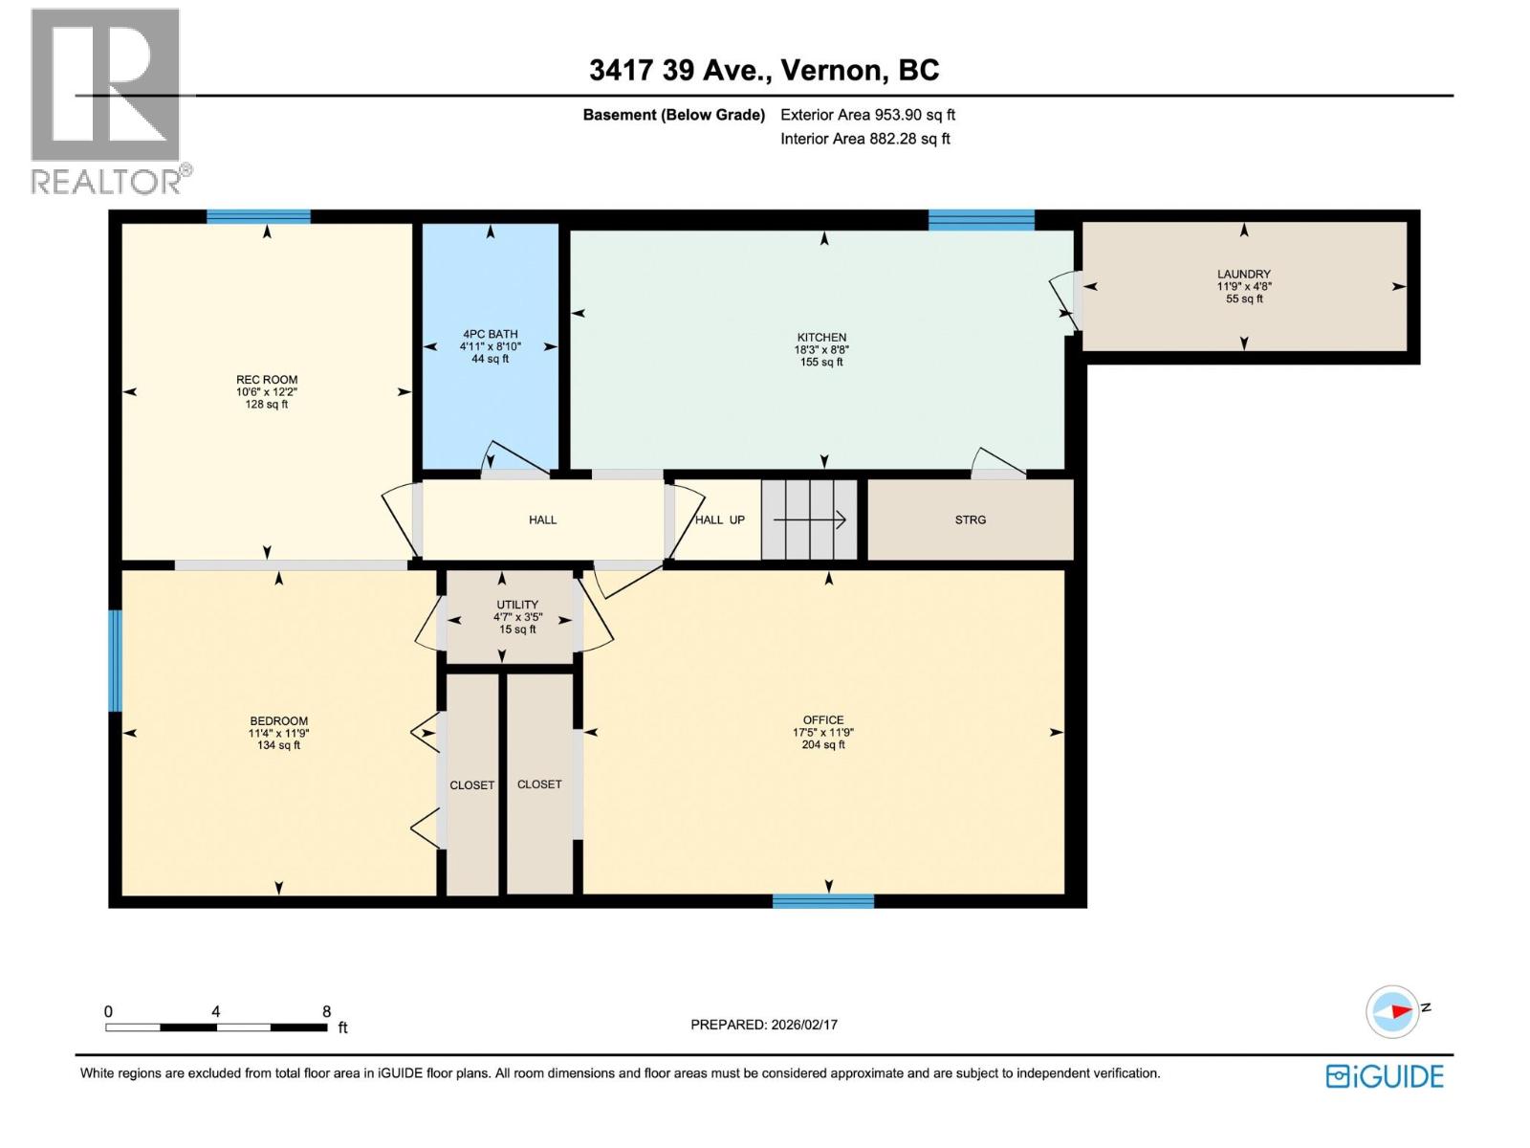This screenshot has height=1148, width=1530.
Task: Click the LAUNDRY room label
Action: [1243, 274]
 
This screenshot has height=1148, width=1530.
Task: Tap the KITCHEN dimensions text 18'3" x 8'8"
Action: [821, 350]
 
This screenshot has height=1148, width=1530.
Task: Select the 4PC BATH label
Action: [490, 334]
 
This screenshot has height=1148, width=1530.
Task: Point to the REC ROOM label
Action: [266, 380]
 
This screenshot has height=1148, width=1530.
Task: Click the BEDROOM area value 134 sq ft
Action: [279, 745]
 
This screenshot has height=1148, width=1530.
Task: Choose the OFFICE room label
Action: [823, 720]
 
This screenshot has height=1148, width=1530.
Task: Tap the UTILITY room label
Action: [517, 605]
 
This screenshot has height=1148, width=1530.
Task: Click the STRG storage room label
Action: [971, 520]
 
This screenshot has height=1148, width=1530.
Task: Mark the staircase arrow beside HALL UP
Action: [809, 520]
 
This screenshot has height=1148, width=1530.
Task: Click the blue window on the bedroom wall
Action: [115, 661]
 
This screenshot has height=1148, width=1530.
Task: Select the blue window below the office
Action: [823, 901]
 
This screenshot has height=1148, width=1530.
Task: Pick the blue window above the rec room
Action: [258, 216]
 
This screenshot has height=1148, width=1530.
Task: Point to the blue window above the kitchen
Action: [981, 220]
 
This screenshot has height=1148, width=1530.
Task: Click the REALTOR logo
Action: [110, 101]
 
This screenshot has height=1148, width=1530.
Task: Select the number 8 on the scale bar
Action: [326, 1011]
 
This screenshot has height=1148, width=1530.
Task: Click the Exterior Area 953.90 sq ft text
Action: [868, 115]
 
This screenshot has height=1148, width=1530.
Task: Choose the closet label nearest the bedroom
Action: [471, 785]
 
